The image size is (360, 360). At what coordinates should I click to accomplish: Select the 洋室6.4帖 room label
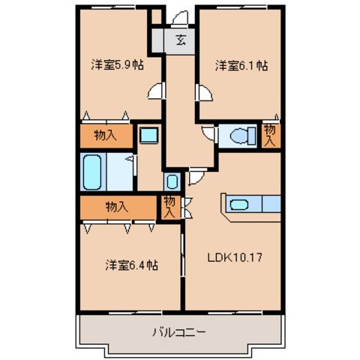click(x=132, y=265)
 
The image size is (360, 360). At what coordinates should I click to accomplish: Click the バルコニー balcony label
click(x=180, y=331)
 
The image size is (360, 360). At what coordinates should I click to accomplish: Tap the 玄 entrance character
click(x=181, y=40)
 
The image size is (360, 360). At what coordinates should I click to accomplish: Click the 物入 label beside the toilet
click(x=270, y=135)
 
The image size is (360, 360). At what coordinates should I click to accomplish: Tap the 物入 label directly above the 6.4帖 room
click(x=115, y=205)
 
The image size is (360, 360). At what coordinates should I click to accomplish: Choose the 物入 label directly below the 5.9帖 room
click(x=105, y=136)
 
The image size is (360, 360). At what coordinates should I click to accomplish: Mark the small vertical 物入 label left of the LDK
click(x=169, y=206)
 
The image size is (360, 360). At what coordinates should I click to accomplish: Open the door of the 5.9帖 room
click(x=155, y=92)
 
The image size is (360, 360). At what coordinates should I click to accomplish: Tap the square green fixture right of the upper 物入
click(x=148, y=136)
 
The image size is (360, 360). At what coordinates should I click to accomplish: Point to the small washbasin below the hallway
click(x=172, y=181)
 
